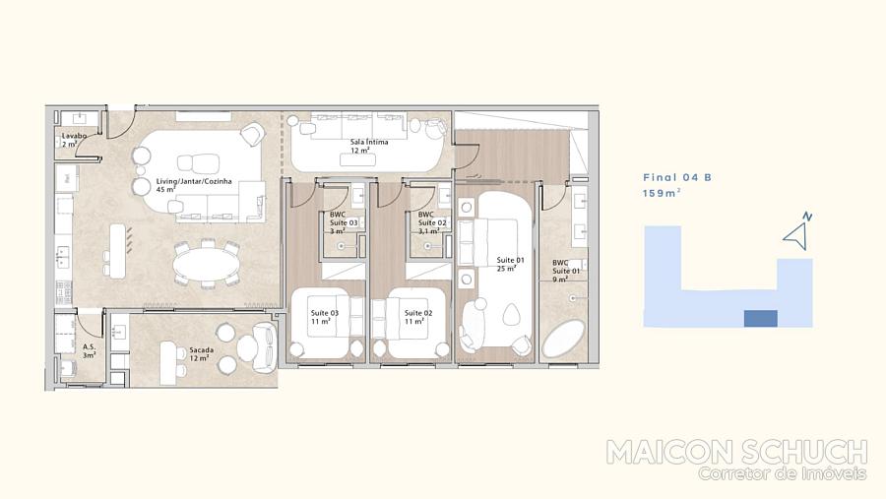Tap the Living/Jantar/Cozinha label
tap(194, 181)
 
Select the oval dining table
tap(207, 265)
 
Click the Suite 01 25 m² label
tap(510, 264)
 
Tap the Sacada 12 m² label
tap(201, 353)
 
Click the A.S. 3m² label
tap(90, 351)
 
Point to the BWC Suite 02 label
tap(432, 222)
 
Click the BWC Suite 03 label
tap(344, 222)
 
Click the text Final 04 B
tap(677, 177)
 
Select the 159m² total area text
tap(662, 193)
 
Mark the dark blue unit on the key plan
tap(761, 318)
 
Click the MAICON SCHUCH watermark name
tap(736, 452)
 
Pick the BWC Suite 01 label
tap(566, 271)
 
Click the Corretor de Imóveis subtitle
tap(782, 473)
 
